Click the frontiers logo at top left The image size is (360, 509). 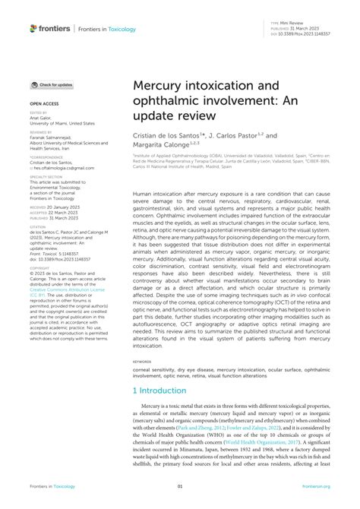pos(50,28)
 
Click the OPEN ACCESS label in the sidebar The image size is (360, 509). pos(44,101)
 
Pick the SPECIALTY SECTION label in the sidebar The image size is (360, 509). pos(44,175)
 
